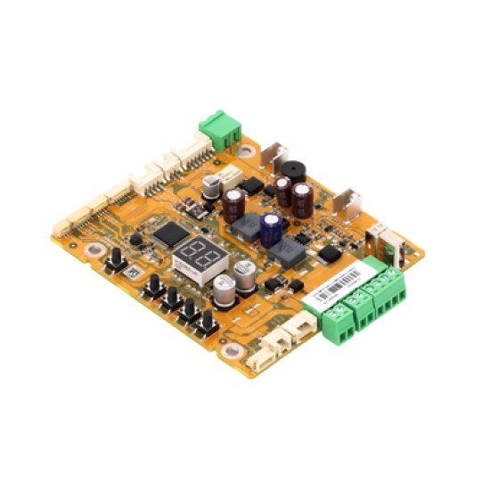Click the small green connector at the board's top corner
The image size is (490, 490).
point(219,130)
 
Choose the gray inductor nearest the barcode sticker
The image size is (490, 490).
point(291,253)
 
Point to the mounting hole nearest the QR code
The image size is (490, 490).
point(92,247)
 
